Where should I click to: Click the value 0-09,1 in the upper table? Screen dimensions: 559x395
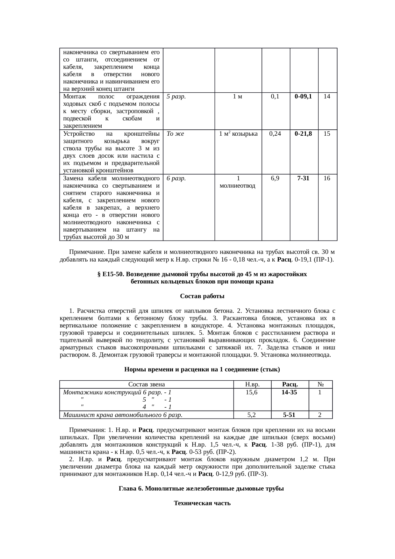coord(303,97)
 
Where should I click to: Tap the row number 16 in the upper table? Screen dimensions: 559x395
coord(327,178)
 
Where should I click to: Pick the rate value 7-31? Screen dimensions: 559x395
coord(303,178)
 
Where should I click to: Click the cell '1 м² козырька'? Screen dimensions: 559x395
coord(238,134)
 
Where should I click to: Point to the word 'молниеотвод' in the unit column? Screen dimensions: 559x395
coord(238,186)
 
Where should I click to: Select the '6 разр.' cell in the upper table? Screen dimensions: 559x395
coord(176,178)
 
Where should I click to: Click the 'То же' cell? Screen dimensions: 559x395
coord(175,134)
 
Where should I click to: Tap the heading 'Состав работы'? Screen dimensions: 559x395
coord(202,296)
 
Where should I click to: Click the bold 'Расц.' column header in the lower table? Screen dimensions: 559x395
coord(290,384)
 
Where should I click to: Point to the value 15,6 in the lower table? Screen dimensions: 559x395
coord(252,392)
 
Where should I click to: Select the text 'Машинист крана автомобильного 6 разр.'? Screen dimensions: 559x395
coord(123,415)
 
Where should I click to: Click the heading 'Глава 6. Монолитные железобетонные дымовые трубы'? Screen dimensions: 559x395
coord(201,489)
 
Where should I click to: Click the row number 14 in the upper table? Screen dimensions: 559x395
coord(327,97)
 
